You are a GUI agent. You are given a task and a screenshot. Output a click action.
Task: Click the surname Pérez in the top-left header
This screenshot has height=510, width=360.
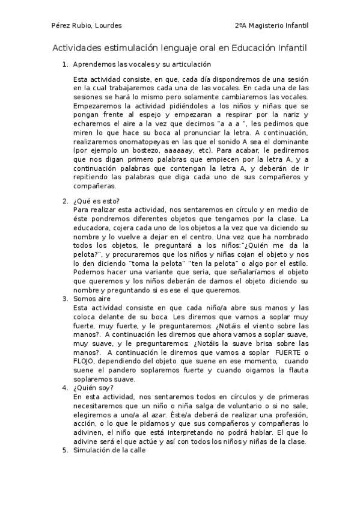coord(60,26)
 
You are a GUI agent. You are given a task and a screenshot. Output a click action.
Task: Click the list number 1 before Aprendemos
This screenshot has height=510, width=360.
coord(65,64)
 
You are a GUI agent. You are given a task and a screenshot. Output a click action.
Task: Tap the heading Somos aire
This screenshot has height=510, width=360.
coord(92,298)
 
